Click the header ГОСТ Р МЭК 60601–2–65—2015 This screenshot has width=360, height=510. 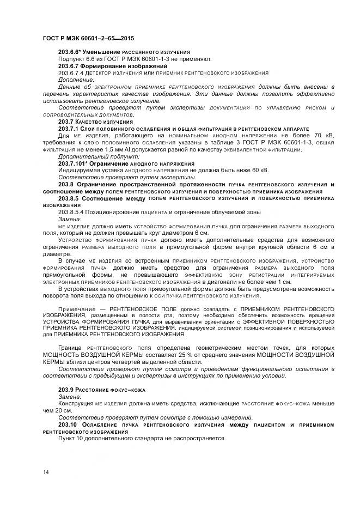click(x=88, y=39)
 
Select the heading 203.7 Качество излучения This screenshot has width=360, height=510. click(x=95, y=122)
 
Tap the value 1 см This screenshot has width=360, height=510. click(x=284, y=282)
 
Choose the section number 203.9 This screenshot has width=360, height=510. click(x=67, y=390)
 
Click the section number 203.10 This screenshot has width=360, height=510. click(x=69, y=424)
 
